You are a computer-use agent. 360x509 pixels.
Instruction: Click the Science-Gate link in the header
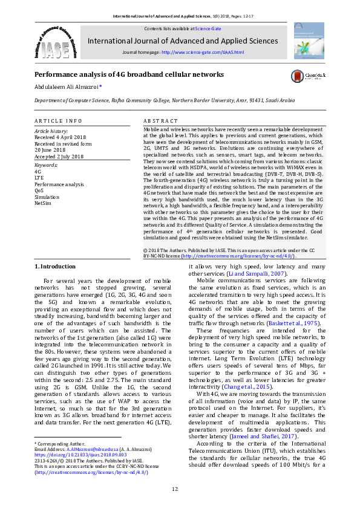[x=209, y=28]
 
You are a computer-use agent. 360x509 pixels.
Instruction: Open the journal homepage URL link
[x=203, y=53]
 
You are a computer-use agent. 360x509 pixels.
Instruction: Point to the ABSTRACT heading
[x=161, y=121]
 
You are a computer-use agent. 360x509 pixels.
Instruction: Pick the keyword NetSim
[x=42, y=203]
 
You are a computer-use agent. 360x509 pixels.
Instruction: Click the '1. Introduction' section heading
[x=54, y=267]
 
